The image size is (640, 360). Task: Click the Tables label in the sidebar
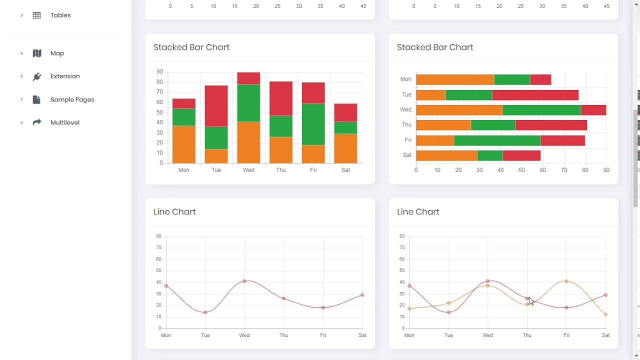pyautogui.click(x=60, y=15)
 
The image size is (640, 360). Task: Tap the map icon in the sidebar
pyautogui.click(x=37, y=53)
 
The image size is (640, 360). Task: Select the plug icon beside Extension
pyautogui.click(x=37, y=76)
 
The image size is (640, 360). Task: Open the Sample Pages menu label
pyautogui.click(x=72, y=99)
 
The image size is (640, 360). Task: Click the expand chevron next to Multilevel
pyautogui.click(x=21, y=122)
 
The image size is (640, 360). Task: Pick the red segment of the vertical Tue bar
pyautogui.click(x=216, y=106)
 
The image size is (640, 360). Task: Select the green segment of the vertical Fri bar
pyautogui.click(x=313, y=124)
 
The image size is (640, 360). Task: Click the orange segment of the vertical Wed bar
pyautogui.click(x=248, y=142)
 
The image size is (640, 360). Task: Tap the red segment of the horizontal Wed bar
pyautogui.click(x=593, y=109)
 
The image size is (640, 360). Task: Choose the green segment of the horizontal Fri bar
pyautogui.click(x=497, y=140)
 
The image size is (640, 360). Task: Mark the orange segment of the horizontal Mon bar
pyautogui.click(x=454, y=79)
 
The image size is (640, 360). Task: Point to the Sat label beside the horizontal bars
pyautogui.click(x=407, y=155)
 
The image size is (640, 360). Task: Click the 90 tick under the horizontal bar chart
pyautogui.click(x=606, y=170)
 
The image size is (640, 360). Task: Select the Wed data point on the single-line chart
pyautogui.click(x=244, y=281)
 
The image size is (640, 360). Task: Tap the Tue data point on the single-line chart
pyautogui.click(x=205, y=312)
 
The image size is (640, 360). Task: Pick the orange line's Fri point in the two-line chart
pyautogui.click(x=566, y=281)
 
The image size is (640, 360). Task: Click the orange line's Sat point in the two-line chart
pyautogui.click(x=606, y=314)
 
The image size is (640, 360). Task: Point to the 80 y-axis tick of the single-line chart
pyautogui.click(x=158, y=236)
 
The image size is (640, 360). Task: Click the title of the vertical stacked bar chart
pyautogui.click(x=191, y=47)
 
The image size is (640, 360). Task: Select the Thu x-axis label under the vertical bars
pyautogui.click(x=281, y=170)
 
